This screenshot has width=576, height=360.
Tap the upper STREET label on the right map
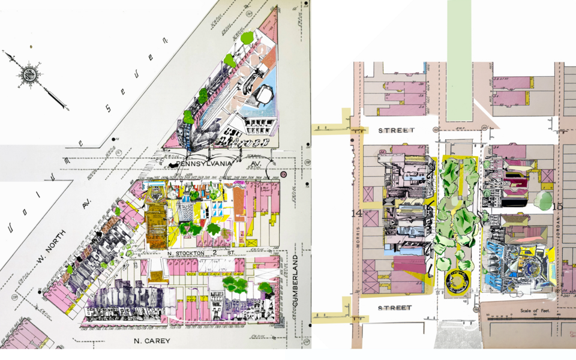(396, 130)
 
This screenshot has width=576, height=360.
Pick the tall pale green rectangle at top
(459, 57)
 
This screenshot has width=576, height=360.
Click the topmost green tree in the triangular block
(247, 38)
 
